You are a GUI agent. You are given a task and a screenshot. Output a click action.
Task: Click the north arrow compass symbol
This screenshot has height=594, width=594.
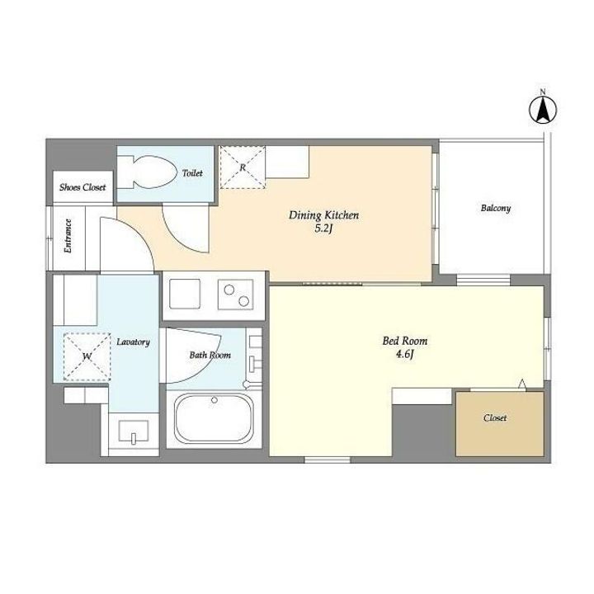[543, 111]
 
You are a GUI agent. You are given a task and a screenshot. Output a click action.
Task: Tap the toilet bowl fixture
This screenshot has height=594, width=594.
[148, 172]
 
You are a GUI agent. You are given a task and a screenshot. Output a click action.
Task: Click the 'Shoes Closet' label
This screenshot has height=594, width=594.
[82, 187]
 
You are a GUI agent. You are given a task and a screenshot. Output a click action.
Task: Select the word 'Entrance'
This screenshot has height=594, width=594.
[68, 236]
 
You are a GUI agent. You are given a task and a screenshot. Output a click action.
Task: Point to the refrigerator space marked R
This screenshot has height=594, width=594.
[243, 167]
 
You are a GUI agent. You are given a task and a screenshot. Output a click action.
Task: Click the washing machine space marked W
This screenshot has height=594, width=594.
[87, 356]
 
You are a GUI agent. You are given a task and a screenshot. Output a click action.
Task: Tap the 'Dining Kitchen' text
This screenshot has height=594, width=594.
[323, 215]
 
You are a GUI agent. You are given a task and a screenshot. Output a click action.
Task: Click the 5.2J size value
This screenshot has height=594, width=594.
[323, 229]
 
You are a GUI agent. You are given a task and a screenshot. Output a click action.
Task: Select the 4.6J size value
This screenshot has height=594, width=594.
[404, 354]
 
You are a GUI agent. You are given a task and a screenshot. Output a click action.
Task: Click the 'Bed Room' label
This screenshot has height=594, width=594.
[404, 341]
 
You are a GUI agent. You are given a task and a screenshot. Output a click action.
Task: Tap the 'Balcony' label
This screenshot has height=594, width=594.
[496, 209]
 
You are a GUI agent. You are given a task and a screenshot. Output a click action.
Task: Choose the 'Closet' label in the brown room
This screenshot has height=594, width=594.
[495, 417]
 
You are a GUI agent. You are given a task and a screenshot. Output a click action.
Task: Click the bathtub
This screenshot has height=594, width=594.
[214, 417]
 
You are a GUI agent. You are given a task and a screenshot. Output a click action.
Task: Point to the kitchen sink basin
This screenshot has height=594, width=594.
[185, 294]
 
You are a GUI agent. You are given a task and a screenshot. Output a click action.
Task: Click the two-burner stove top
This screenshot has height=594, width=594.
[235, 295]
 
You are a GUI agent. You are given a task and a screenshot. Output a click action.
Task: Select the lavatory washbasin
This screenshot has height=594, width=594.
[134, 431]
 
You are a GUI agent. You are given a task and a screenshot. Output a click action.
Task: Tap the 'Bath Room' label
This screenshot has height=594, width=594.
[210, 356]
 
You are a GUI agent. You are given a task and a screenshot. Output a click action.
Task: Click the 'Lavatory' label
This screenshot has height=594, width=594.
[133, 342]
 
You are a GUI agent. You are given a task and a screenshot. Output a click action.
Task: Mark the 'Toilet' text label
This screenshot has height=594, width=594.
[192, 173]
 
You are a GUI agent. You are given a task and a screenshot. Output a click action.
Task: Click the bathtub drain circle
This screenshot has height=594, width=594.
[214, 400]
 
